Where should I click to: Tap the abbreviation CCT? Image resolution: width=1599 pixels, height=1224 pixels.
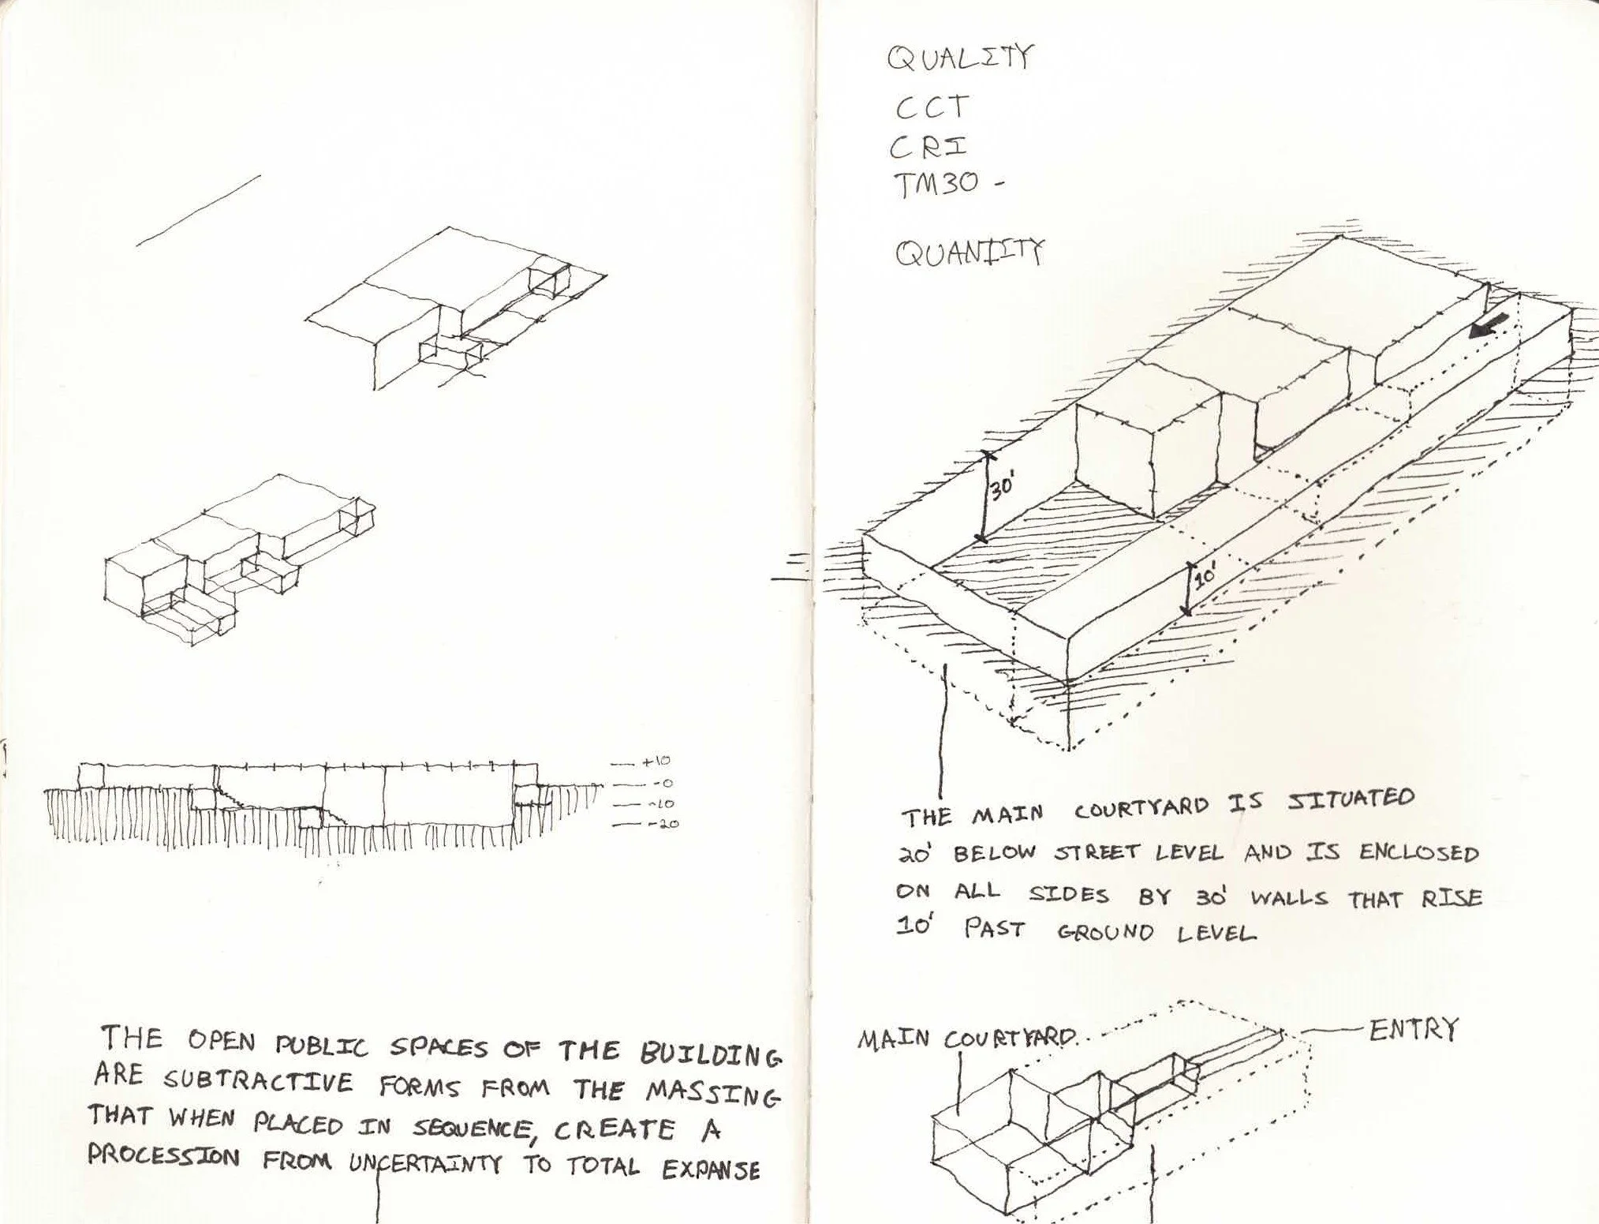pyautogui.click(x=931, y=107)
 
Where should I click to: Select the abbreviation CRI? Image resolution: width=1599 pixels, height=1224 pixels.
pyautogui.click(x=928, y=148)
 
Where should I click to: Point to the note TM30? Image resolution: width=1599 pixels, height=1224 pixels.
pyautogui.click(x=936, y=185)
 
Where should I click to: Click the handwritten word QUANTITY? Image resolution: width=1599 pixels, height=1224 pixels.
pyautogui.click(x=969, y=253)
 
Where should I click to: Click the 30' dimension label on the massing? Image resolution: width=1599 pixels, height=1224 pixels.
pyautogui.click(x=1002, y=487)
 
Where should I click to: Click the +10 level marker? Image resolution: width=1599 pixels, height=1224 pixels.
pyautogui.click(x=656, y=762)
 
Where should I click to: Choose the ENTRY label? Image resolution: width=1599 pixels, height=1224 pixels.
pyautogui.click(x=1414, y=1030)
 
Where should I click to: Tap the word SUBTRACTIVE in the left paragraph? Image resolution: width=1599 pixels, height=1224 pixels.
pyautogui.click(x=258, y=1081)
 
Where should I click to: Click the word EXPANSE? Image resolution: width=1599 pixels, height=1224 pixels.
pyautogui.click(x=711, y=1169)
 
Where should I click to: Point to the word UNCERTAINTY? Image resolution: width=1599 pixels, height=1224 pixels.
pyautogui.click(x=425, y=1164)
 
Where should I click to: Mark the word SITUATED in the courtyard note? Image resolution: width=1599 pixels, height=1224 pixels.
pyautogui.click(x=1351, y=799)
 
